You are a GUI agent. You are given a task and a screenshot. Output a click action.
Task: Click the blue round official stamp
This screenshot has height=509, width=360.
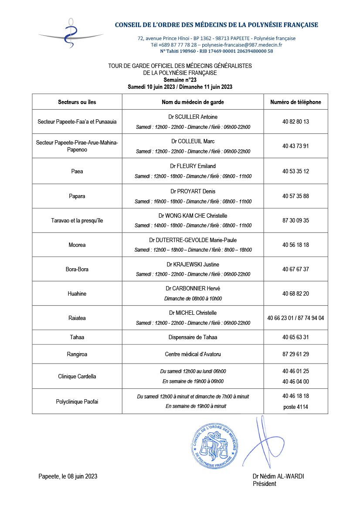click(215, 447)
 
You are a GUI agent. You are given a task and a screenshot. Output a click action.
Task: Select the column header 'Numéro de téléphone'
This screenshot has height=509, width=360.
click(295, 102)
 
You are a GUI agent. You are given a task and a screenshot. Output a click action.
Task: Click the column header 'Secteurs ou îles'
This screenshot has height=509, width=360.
click(77, 102)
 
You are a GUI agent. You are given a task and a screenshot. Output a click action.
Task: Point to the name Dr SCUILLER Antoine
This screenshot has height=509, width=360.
click(193, 117)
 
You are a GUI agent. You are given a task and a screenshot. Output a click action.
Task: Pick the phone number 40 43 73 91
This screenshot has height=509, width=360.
click(295, 146)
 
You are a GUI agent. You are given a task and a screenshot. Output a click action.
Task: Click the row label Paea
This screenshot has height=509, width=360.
click(77, 171)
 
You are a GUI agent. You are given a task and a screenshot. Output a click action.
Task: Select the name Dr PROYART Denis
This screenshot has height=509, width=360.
click(193, 191)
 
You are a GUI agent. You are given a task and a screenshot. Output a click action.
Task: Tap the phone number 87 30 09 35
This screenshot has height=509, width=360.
click(295, 220)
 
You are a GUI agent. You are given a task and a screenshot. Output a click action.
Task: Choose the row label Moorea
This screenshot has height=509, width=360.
click(77, 245)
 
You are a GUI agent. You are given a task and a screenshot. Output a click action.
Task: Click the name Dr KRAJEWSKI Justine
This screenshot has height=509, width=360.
click(193, 264)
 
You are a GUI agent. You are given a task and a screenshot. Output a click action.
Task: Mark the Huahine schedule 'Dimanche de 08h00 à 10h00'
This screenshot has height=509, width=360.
click(193, 299)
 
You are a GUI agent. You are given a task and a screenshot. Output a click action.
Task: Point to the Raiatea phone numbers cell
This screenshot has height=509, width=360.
click(295, 318)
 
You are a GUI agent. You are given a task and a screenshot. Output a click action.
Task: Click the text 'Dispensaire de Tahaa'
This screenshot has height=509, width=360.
click(193, 337)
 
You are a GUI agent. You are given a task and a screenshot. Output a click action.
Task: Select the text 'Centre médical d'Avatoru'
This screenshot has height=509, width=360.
click(193, 354)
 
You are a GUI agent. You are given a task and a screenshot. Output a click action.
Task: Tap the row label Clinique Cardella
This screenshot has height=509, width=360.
click(77, 376)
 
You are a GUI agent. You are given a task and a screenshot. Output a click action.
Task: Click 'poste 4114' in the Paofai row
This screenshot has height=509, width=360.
click(295, 407)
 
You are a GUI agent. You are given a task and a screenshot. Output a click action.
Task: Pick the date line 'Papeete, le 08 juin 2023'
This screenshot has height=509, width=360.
click(68, 476)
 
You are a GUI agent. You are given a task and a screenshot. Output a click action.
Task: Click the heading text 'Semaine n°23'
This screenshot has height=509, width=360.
click(180, 80)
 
